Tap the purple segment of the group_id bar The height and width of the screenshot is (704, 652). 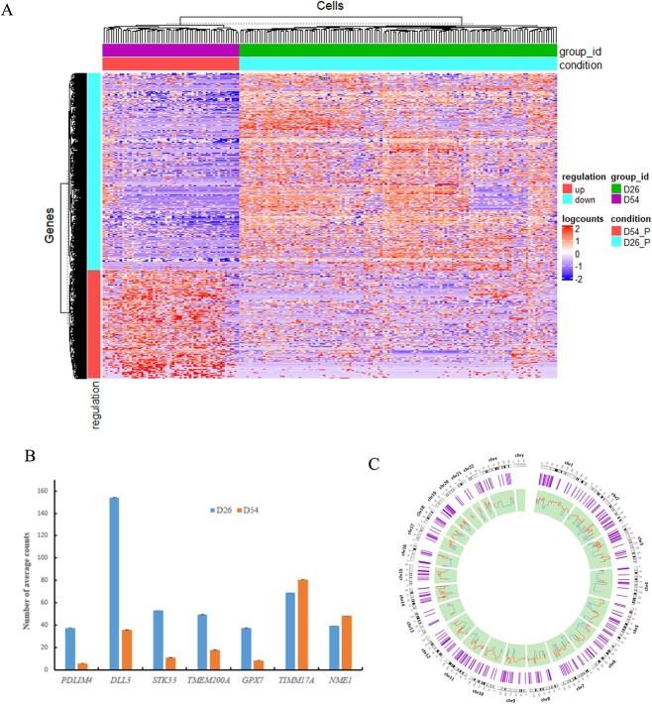click(x=170, y=50)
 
